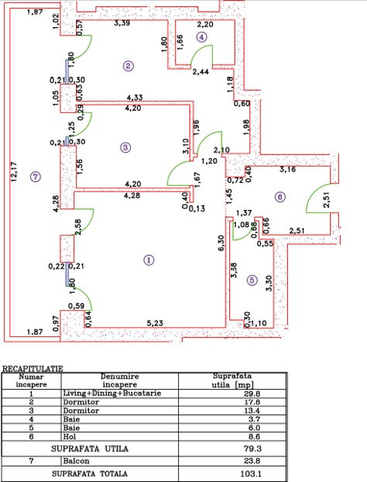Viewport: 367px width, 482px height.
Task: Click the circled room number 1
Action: tap(148, 260)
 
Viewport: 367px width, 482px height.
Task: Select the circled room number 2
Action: tap(128, 67)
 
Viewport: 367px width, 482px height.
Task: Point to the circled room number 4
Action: tap(201, 36)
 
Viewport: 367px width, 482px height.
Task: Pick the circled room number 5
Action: tap(251, 280)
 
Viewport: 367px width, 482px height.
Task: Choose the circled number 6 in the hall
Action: tap(280, 198)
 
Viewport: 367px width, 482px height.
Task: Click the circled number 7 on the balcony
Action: tap(33, 177)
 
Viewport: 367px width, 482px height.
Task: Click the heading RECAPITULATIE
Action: tap(34, 370)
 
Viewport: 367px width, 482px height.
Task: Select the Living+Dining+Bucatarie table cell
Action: tap(111, 393)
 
